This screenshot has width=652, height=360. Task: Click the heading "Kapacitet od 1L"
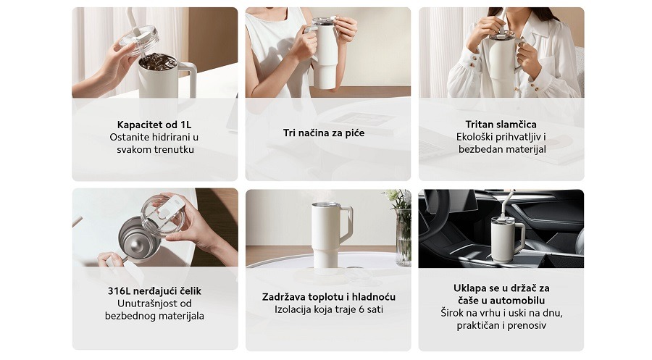154,125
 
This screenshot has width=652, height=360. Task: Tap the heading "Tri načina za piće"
324,133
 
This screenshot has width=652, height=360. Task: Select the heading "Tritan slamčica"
501,125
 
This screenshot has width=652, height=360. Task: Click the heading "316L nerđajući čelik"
155,291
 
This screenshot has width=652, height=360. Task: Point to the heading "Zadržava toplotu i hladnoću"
328,297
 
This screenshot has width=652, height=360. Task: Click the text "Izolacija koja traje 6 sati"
328,309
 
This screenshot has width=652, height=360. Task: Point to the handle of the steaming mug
346,225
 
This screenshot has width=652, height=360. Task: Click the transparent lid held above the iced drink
139,40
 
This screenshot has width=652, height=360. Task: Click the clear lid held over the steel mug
162,215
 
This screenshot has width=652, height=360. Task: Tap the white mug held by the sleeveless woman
326,54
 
